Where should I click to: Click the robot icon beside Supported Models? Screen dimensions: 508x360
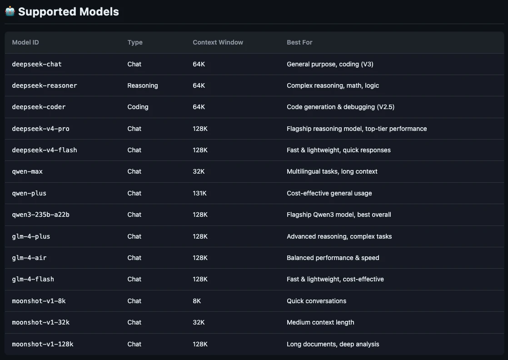10,11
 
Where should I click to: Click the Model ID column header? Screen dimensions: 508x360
25,42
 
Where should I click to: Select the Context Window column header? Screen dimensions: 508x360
218,42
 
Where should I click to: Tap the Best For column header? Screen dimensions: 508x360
299,42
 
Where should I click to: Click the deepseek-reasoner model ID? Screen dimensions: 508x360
45,85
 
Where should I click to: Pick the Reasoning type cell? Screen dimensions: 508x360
143,85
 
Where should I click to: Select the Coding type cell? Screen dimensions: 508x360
138,107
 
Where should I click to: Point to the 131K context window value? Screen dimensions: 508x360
199,193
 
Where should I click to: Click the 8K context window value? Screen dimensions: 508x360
197,301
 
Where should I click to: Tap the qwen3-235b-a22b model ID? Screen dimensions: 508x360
40,215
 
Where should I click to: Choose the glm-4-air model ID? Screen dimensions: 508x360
29,258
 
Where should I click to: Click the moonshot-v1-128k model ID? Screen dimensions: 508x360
42,344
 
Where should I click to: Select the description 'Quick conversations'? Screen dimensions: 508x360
317,301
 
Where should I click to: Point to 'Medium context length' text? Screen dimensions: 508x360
320,322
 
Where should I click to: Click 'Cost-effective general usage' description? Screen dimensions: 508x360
329,193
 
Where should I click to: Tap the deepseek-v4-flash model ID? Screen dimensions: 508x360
45,150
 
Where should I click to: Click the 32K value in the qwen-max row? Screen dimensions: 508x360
199,171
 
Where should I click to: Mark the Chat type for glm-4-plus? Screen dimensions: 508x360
134,236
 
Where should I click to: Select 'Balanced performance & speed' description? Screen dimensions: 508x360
333,258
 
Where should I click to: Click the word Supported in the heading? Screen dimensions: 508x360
47,12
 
